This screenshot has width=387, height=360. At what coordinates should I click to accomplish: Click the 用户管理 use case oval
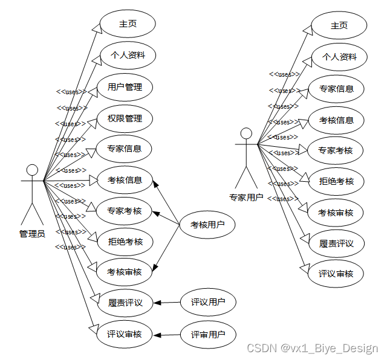pos(125,87)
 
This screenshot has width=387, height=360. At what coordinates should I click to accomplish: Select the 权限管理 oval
pos(125,118)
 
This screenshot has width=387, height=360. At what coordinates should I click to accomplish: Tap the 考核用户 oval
pos(207,225)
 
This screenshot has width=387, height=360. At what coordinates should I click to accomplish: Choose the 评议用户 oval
pos(208,303)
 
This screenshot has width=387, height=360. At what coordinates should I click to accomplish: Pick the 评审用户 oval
pos(208,334)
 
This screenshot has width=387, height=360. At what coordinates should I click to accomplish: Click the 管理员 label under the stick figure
pos(32,234)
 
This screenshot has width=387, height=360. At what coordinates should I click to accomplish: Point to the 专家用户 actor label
pos(246,197)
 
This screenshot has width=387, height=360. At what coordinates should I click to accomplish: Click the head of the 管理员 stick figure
pos(32,170)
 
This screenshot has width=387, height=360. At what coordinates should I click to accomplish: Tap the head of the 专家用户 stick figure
pos(246,133)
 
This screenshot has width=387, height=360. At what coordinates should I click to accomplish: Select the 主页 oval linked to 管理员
pos(128,24)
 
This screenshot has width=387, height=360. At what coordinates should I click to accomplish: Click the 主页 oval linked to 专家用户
pos(339,25)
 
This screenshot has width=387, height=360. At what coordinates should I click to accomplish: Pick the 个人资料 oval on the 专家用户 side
pos(339,57)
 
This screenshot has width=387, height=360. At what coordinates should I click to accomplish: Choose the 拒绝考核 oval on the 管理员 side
pos(125,242)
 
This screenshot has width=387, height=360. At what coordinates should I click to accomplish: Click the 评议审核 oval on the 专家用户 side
pos(336,274)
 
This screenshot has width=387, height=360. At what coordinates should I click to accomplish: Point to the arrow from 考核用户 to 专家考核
pos(166,218)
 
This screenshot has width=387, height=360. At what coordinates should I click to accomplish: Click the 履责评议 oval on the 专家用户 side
pos(336,243)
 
